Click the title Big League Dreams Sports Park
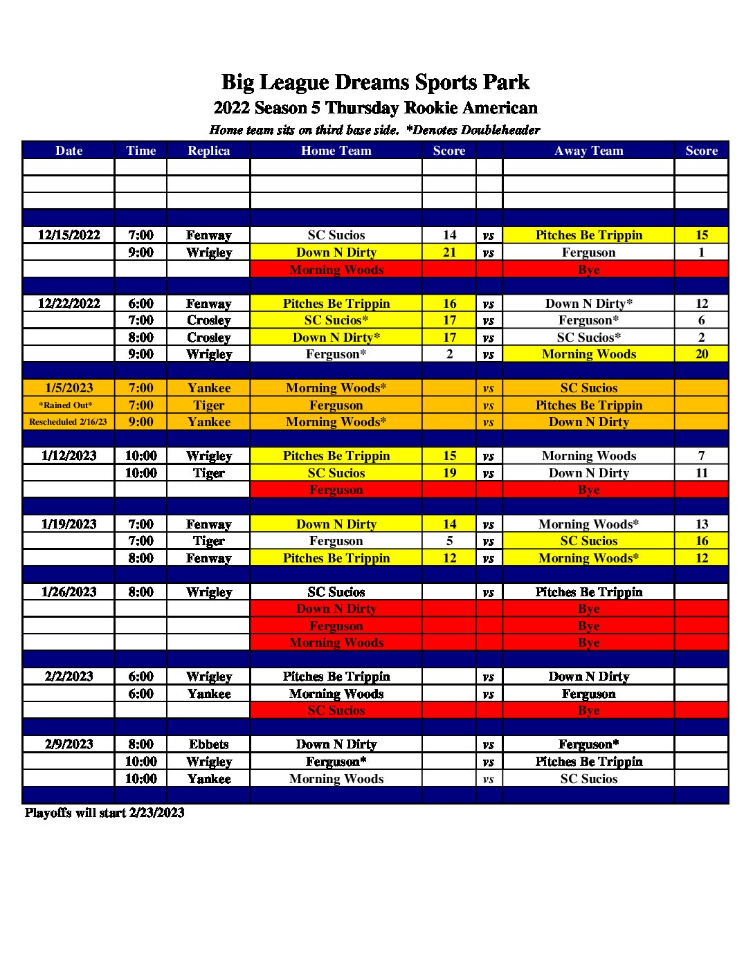(375, 82)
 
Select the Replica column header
(208, 151)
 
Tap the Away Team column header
(588, 151)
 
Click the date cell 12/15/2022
(69, 235)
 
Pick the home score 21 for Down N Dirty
(449, 252)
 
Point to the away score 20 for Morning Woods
(701, 354)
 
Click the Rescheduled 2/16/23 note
(68, 422)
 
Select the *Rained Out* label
(66, 405)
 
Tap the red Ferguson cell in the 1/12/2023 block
(336, 490)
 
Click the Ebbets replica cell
(208, 744)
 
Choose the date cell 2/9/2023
(69, 744)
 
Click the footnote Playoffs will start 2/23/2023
(105, 813)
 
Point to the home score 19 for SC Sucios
(449, 473)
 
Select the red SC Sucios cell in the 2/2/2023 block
(336, 710)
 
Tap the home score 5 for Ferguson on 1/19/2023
(449, 541)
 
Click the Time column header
(140, 151)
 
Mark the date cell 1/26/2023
(69, 592)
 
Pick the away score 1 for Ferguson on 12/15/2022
(701, 252)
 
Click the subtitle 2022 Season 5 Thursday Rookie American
(375, 108)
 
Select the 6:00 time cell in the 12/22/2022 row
(140, 304)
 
